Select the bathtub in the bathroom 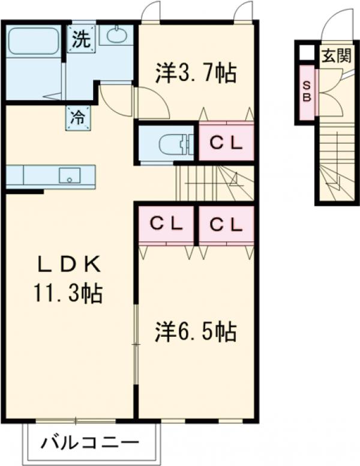34,41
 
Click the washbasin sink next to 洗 116,35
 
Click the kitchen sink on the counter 70,175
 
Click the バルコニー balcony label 90,444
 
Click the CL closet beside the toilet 226,142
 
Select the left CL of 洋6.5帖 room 166,224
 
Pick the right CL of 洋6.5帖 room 226,224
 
